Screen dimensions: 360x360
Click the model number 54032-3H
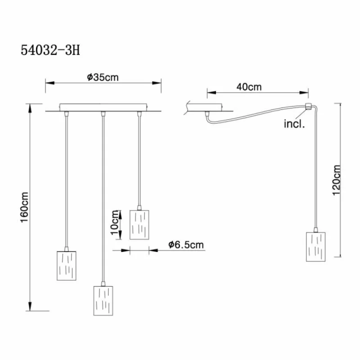[50, 50]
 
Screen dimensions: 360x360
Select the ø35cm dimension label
[103, 77]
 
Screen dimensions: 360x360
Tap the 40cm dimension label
[249, 87]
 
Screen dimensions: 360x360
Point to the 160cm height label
[24, 207]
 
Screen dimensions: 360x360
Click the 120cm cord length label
[337, 180]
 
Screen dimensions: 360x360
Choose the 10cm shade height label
[115, 222]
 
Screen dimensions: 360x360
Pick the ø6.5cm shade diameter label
[186, 245]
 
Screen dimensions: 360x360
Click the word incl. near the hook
[294, 124]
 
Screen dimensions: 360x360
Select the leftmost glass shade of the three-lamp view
[67, 265]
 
